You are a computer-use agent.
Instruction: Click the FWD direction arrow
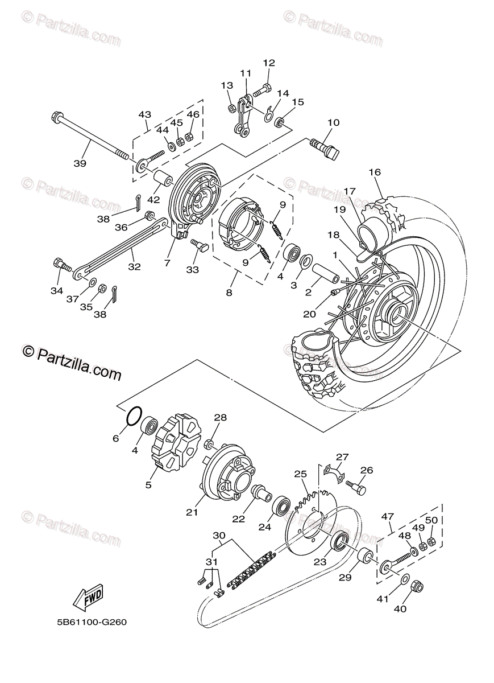(88, 597)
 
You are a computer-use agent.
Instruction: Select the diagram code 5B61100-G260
(92, 622)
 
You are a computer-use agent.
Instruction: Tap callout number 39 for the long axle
(80, 163)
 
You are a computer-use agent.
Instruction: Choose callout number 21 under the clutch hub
(192, 512)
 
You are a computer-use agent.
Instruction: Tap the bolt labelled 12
(263, 89)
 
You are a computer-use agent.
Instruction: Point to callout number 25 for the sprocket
(300, 474)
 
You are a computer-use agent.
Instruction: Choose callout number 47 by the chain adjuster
(387, 516)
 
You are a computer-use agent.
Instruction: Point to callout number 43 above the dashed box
(144, 114)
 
